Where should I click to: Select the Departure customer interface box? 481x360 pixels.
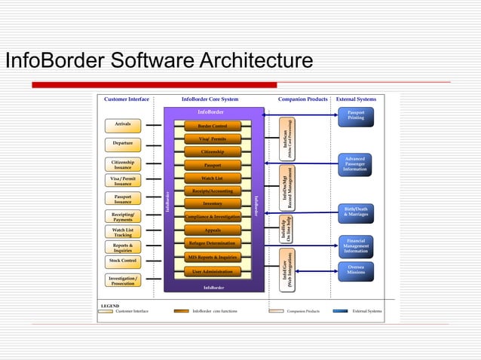click(123, 143)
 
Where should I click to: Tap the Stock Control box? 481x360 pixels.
click(123, 261)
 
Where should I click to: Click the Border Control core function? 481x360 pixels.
click(213, 126)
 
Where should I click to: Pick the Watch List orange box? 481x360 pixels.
click(213, 178)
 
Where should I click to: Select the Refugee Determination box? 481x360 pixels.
click(213, 243)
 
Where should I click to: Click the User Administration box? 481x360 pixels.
click(213, 271)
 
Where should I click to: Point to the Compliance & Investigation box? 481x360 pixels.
click(213, 217)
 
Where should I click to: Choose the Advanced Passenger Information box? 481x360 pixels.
click(356, 164)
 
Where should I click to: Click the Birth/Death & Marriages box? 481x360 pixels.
click(356, 212)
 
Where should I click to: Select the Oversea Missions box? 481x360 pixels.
click(356, 270)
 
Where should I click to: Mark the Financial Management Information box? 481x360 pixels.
click(356, 246)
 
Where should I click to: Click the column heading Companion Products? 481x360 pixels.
click(303, 99)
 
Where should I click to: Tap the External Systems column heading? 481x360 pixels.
click(356, 99)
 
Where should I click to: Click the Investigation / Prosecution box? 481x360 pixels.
click(123, 281)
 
